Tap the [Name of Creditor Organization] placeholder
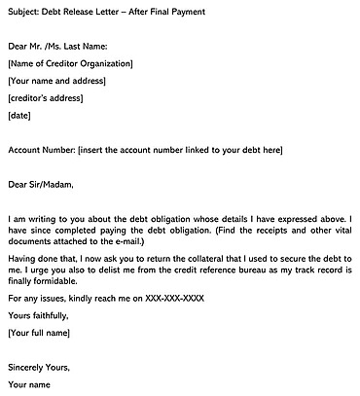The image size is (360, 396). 70,63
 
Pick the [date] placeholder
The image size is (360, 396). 19,116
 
